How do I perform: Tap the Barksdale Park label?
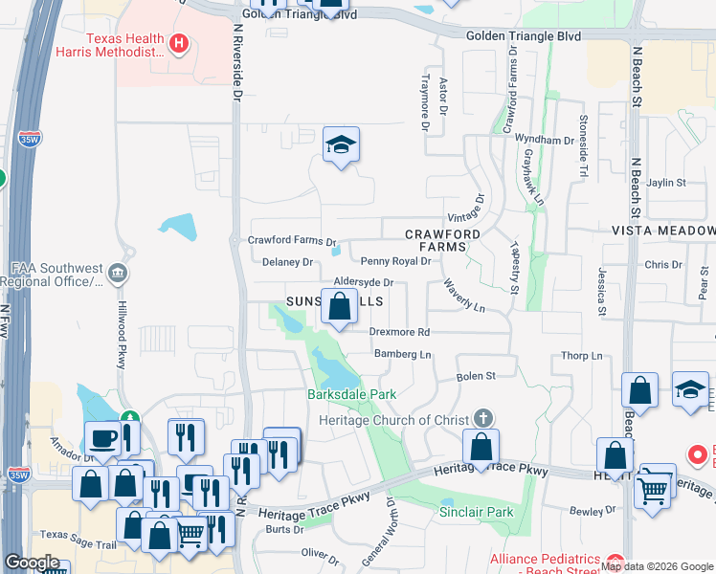click(351, 394)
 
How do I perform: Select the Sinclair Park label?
click(476, 512)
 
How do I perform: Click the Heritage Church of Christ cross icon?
click(484, 419)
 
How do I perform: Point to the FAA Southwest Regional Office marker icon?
click(118, 275)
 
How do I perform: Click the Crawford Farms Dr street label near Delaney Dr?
click(292, 241)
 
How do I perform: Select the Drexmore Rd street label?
click(400, 332)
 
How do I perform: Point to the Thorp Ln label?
click(582, 356)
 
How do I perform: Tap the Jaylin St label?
click(666, 183)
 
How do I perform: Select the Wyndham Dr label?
click(544, 140)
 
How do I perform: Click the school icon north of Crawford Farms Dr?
click(341, 144)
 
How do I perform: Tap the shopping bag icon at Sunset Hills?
click(339, 308)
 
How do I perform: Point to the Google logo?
click(32, 563)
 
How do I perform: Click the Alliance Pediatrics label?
click(544, 560)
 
